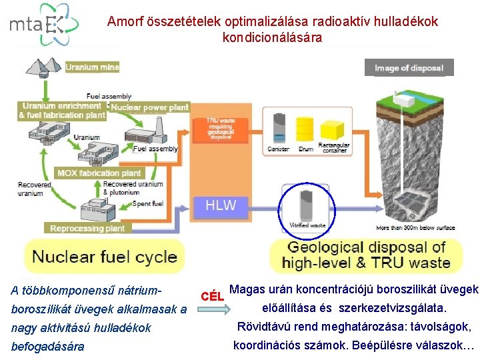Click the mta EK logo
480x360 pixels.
(x=43, y=25)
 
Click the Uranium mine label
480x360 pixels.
(x=93, y=67)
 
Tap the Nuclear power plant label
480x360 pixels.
(x=150, y=107)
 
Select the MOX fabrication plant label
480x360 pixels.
(x=99, y=173)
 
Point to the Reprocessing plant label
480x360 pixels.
(x=87, y=228)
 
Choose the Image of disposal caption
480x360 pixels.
(x=409, y=68)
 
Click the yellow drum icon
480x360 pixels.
(x=305, y=129)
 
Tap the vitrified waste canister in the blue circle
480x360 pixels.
(x=307, y=205)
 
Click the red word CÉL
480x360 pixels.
(x=211, y=295)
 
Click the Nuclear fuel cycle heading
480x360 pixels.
(x=105, y=256)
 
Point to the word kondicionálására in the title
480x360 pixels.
(x=272, y=38)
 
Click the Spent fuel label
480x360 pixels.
(x=146, y=203)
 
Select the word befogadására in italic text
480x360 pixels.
(x=48, y=347)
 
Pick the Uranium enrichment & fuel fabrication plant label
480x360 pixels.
(x=62, y=111)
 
